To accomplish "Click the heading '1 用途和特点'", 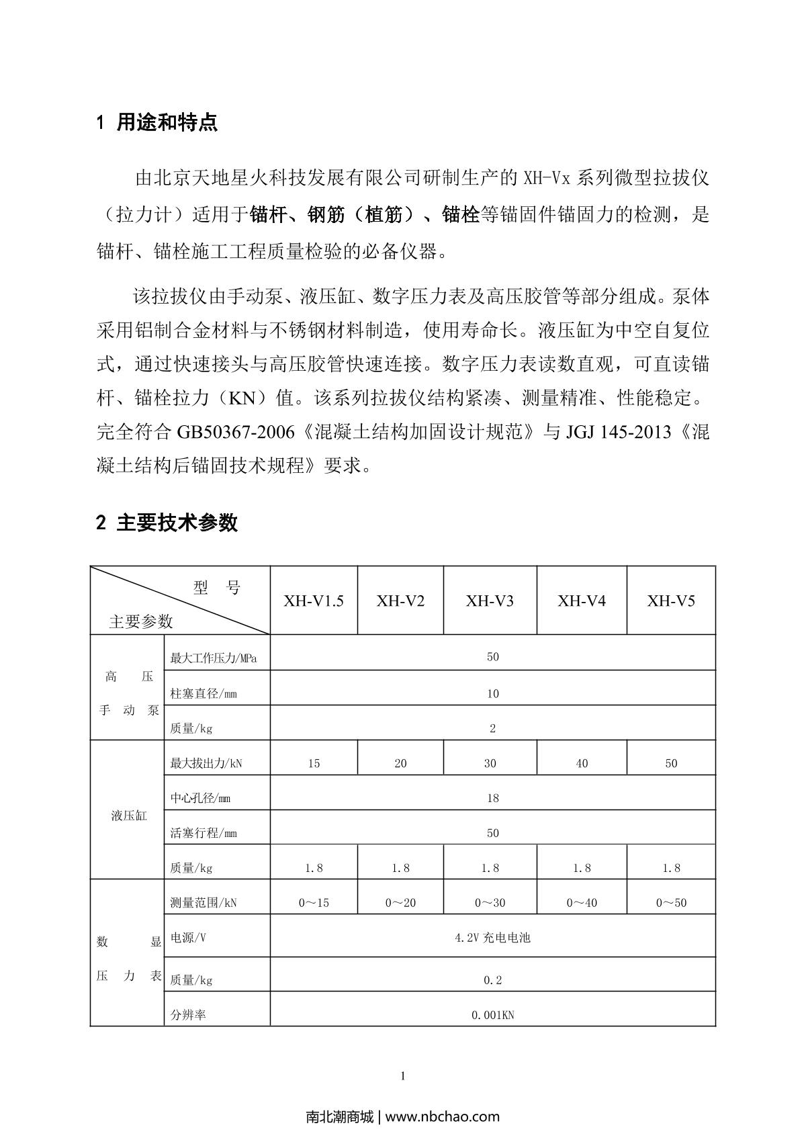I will pos(157,123).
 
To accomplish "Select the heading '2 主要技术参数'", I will pos(167,523).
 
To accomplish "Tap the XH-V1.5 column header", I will pos(313,601).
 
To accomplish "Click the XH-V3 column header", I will pos(490,601).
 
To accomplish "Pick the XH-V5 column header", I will pos(670,601).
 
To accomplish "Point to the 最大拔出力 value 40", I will pos(582,763).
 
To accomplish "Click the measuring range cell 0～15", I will pos(314,903).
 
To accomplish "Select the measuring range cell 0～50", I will pos(671,903).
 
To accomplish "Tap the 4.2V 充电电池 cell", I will pos(492,937).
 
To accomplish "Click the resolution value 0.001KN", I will pos(492,1015).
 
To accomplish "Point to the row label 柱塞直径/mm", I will pos(204,693).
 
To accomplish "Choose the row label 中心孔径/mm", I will pos(200,798).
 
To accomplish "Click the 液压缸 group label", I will pos(128,816).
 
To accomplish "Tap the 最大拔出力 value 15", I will pos(314,763).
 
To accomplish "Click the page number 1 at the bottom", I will pos(403,1076).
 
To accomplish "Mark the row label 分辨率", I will pos(188,1015).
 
